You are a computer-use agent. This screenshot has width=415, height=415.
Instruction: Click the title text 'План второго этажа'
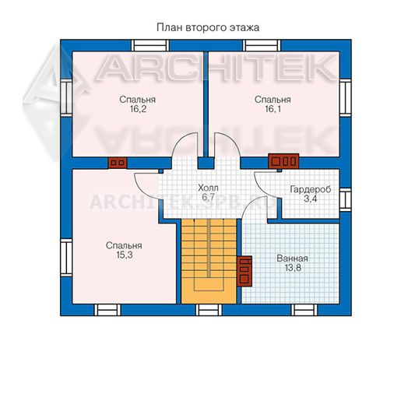pyautogui.click(x=208, y=27)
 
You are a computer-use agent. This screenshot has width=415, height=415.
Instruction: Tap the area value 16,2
pyautogui.click(x=138, y=109)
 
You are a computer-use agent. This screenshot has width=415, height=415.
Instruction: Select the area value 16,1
pyautogui.click(x=273, y=109)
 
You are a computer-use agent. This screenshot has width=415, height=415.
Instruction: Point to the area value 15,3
pyautogui.click(x=125, y=255)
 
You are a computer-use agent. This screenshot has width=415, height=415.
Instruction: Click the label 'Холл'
pyautogui.click(x=209, y=188)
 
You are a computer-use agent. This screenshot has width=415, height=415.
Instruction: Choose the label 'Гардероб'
pyautogui.click(x=311, y=189)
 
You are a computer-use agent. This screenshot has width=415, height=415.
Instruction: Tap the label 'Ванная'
pyautogui.click(x=292, y=258)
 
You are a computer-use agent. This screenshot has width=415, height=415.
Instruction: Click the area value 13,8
pyautogui.click(x=293, y=268)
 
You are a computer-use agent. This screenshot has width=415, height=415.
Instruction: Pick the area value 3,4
pyautogui.click(x=310, y=199)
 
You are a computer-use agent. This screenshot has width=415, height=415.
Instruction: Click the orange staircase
pyautogui.click(x=209, y=262)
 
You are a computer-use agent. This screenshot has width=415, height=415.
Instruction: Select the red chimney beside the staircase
pyautogui.click(x=244, y=271)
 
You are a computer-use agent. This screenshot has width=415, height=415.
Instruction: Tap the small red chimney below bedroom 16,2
pyautogui.click(x=118, y=163)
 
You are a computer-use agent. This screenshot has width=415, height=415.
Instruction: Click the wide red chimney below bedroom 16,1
pyautogui.click(x=283, y=161)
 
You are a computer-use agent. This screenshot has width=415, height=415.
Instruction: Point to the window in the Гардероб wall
pyautogui.click(x=346, y=199)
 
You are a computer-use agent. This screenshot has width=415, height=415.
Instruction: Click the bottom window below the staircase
pyautogui.click(x=209, y=310)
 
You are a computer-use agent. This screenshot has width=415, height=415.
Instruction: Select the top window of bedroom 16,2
pyautogui.click(x=150, y=45)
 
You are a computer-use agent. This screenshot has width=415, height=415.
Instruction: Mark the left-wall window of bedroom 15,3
pyautogui.click(x=66, y=258)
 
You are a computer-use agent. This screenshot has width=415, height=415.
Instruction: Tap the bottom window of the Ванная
pyautogui.click(x=304, y=310)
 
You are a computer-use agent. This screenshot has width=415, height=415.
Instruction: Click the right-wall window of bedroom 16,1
pyautogui.click(x=346, y=98)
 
